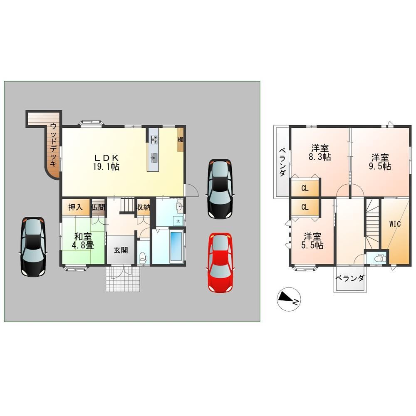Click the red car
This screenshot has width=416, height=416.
tap(220, 262)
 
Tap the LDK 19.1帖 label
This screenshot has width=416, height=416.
tap(106, 162)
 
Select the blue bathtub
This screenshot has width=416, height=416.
tap(176, 246)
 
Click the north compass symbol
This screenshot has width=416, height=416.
tap(288, 299)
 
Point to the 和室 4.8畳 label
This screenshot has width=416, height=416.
tap(83, 241)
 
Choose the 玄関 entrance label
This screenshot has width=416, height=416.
tap(121, 250)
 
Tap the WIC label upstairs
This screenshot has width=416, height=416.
tap(395, 224)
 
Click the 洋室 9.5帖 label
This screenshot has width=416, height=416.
tap(381, 162)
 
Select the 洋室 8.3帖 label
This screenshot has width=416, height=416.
tap(319, 153)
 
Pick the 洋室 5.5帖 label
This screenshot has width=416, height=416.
tap(312, 241)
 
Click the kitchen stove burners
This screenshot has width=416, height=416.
tap(154, 139)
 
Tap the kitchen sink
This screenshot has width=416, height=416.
tap(154, 158)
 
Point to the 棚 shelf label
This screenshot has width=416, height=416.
tap(181, 139)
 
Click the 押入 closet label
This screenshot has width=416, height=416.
tap(76, 207)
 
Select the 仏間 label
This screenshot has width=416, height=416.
tap(98, 207)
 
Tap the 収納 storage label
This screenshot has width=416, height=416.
tap(144, 207)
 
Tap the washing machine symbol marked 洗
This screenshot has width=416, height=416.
tap(178, 221)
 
